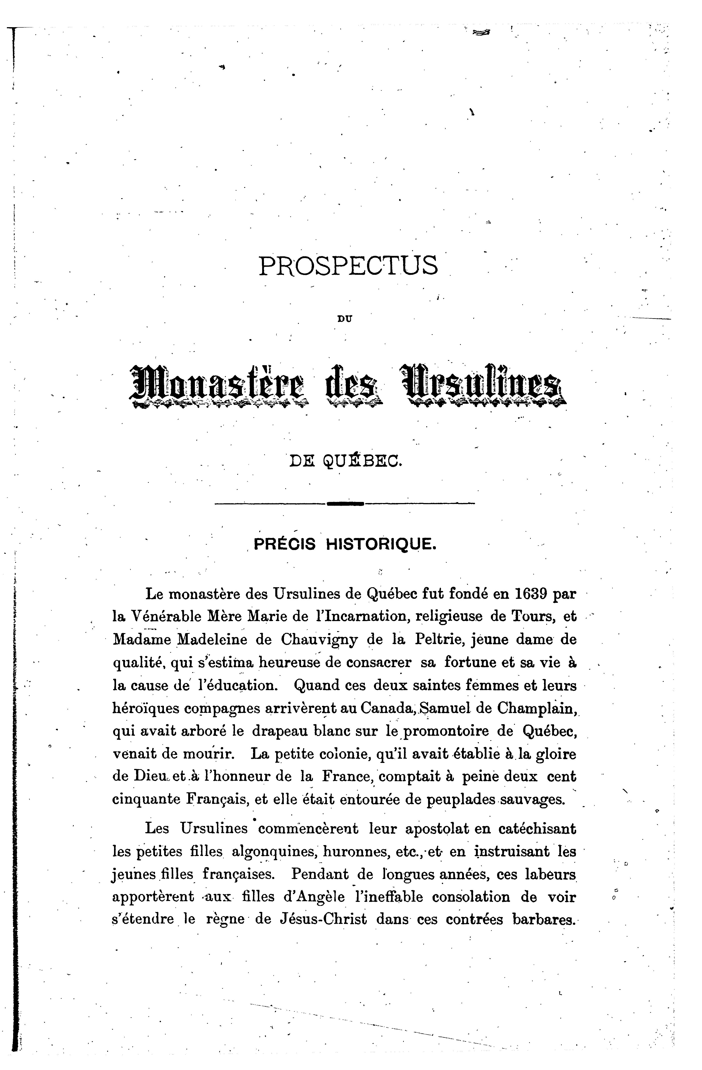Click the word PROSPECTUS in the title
pyautogui.click(x=348, y=266)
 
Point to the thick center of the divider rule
pyautogui.click(x=345, y=503)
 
